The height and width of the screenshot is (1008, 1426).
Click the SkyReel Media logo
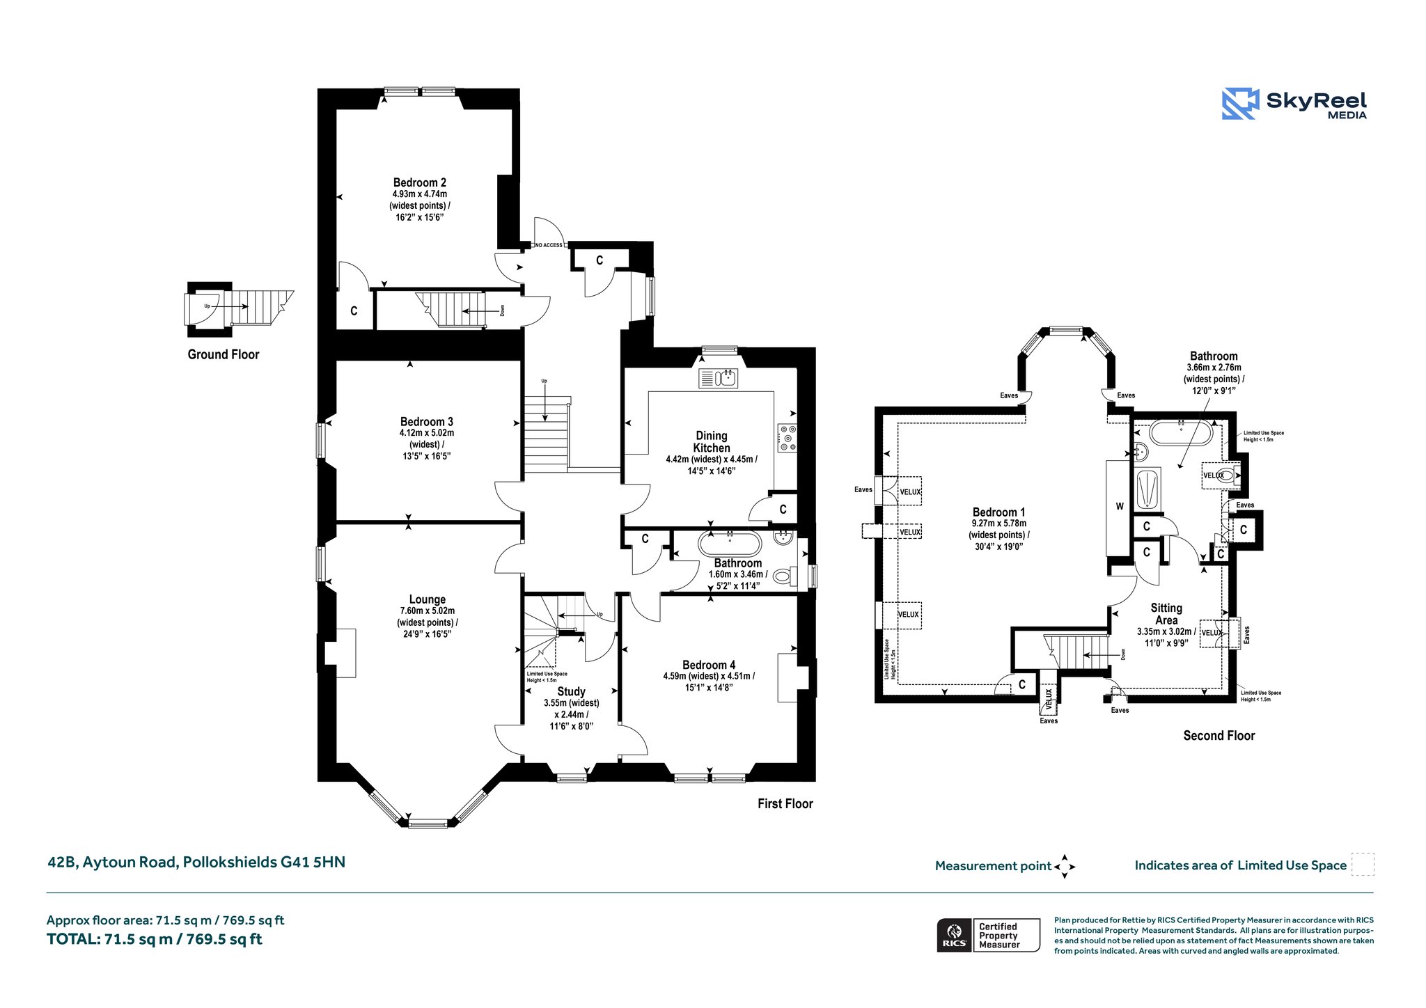coord(1294,104)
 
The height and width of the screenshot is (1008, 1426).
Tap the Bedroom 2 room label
coord(420,183)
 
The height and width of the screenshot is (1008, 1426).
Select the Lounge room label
coord(428,599)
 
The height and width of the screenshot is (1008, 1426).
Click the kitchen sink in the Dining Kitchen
coord(718,378)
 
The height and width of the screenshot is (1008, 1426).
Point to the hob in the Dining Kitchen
coord(788,438)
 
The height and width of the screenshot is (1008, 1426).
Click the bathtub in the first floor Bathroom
coord(730,544)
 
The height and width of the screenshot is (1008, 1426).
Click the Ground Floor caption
coord(224,354)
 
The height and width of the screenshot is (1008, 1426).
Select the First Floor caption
coord(785,804)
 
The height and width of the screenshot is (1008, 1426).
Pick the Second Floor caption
coord(1219,736)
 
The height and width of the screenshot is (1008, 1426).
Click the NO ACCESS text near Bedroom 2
coord(549,245)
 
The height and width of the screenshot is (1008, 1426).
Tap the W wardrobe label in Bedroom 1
coord(1120,507)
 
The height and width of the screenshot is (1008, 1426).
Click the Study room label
coord(571,692)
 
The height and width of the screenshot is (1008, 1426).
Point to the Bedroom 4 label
coord(709,666)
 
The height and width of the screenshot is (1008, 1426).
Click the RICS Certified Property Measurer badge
coord(988,936)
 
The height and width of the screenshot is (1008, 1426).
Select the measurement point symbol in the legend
coord(1065,867)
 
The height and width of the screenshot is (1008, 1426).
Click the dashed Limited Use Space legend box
coord(1363,865)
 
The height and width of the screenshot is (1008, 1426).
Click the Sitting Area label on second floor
coord(1166,614)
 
